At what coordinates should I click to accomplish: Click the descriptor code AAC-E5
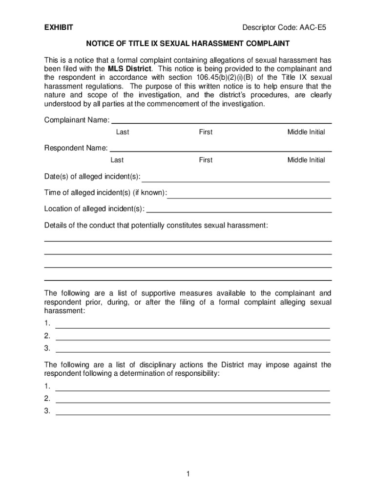[308, 28]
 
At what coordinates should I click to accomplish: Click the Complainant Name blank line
[222, 121]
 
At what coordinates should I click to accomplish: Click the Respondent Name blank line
[221, 149]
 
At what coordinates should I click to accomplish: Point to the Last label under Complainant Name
[123, 132]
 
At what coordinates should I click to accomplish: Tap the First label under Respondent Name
[206, 160]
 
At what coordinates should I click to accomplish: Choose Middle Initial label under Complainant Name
[306, 132]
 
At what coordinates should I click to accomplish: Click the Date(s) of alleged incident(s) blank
[235, 179]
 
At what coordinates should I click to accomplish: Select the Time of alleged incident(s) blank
[249, 195]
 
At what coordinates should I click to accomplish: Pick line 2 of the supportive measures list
[193, 338]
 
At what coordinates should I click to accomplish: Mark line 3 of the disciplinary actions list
[193, 413]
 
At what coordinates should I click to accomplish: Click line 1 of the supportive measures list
[193, 325]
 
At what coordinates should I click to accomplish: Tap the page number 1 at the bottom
[188, 474]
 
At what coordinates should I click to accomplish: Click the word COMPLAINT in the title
[267, 44]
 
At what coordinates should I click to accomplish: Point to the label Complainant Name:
[77, 120]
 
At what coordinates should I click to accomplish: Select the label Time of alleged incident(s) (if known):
[105, 193]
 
